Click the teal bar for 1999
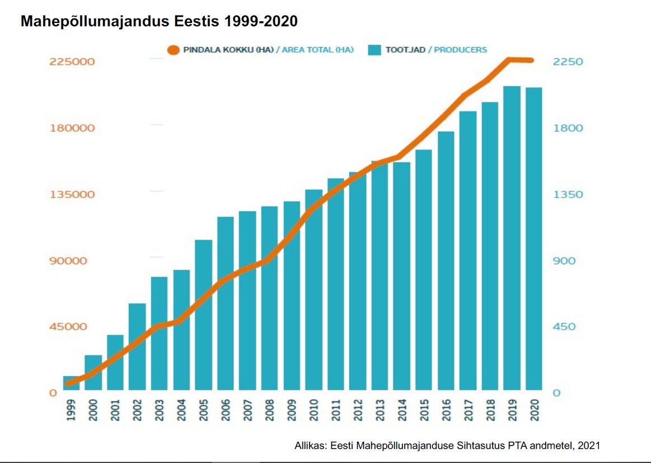(x=72, y=383)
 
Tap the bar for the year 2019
(x=512, y=238)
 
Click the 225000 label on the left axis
(x=72, y=62)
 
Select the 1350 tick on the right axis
(x=568, y=194)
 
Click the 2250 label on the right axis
(x=568, y=62)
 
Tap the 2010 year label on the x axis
(x=313, y=410)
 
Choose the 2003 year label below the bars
(x=160, y=410)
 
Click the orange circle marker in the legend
(x=174, y=50)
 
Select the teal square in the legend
(x=374, y=50)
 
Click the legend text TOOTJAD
(x=405, y=50)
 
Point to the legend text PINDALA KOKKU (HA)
(x=228, y=50)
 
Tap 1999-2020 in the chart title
(x=260, y=22)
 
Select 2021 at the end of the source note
(x=589, y=446)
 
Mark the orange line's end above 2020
(x=532, y=60)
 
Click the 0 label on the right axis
(x=556, y=393)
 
